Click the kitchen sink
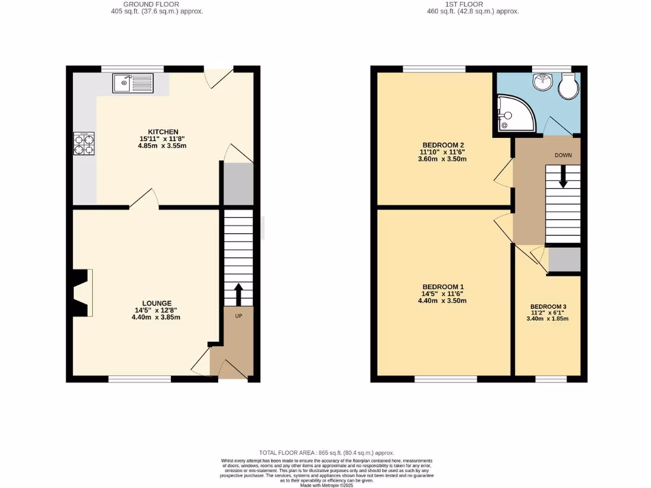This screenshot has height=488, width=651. click(132, 83)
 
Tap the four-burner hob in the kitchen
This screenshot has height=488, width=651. click(84, 144)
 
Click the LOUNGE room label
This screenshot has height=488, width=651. click(157, 303)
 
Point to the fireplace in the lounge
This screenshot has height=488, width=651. click(80, 293)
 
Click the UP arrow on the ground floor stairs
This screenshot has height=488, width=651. click(238, 294)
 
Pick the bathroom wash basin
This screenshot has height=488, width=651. click(542, 81)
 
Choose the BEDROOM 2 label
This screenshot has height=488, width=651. click(442, 144)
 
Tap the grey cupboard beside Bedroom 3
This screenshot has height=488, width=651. click(565, 260)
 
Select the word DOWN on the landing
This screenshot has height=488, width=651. click(563, 155)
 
